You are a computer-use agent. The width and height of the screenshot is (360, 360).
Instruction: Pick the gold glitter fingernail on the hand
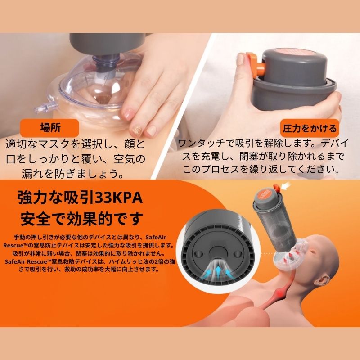pos(135,130)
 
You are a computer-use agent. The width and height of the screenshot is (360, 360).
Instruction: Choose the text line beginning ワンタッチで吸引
pos(261,144)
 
